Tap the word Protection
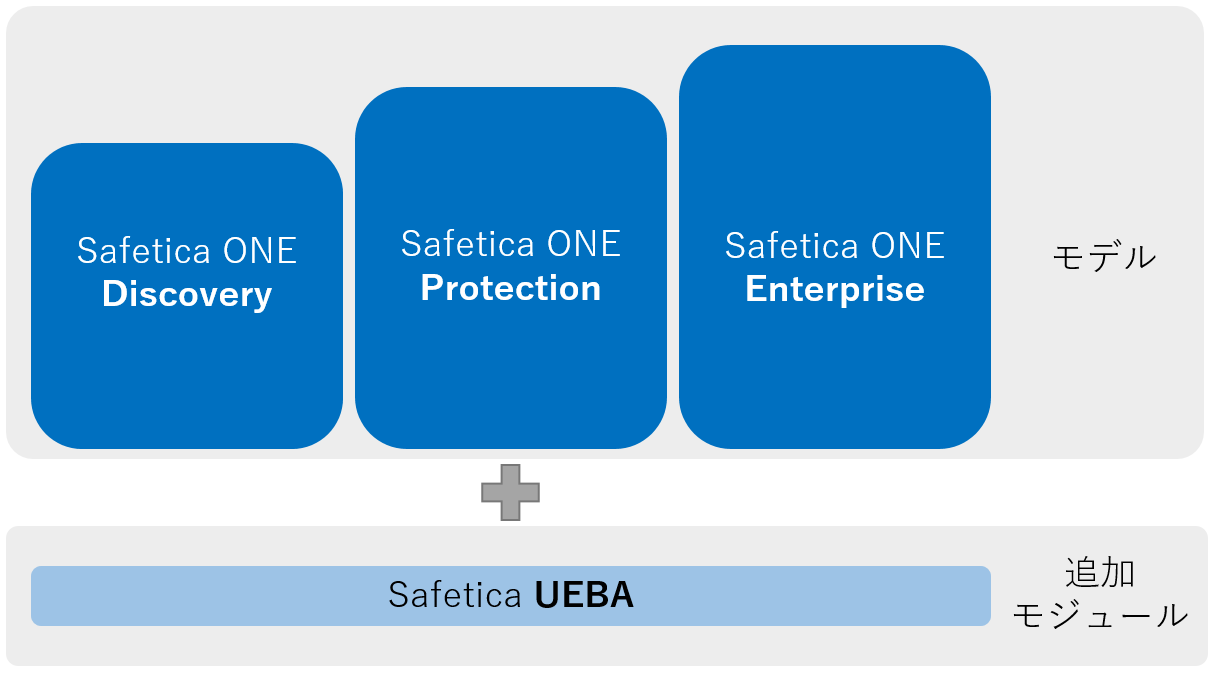click(x=511, y=288)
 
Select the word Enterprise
click(x=835, y=289)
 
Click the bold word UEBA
click(x=584, y=596)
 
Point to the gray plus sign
click(x=510, y=492)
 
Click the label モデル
click(x=1104, y=257)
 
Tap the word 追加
click(x=1099, y=573)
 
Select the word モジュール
click(x=1100, y=615)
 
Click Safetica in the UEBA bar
click(x=455, y=596)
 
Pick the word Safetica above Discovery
click(x=145, y=250)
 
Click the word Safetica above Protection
click(x=469, y=244)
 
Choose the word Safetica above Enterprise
click(x=793, y=246)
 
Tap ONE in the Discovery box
click(x=260, y=250)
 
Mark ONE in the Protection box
click(x=584, y=244)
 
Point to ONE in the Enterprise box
click(x=908, y=246)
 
